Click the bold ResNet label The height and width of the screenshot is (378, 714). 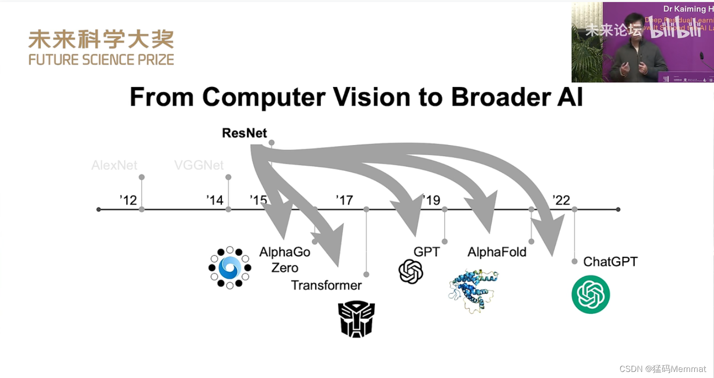[245, 133]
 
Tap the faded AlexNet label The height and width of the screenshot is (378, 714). [114, 165]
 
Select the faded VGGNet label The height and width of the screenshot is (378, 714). [199, 165]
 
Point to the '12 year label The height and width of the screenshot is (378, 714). [128, 200]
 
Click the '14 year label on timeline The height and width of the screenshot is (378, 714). [215, 200]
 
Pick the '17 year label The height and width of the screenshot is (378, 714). [344, 200]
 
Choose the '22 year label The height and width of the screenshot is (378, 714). [561, 200]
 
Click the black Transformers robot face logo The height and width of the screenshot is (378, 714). [357, 319]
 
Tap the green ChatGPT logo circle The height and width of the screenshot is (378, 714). [591, 294]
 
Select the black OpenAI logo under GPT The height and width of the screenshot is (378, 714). [411, 271]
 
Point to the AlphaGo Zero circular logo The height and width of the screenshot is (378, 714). [229, 268]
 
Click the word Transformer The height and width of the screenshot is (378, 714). [326, 286]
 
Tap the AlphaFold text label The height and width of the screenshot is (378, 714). [497, 252]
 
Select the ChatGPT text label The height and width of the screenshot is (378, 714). [610, 262]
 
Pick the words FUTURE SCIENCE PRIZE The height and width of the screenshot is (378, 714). [101, 59]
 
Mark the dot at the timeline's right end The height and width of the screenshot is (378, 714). [618, 209]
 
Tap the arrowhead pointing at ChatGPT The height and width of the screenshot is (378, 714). [554, 238]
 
